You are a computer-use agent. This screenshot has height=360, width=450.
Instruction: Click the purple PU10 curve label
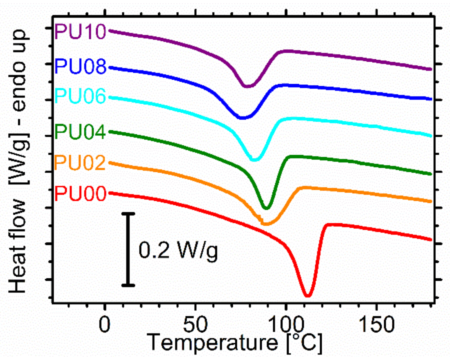point(80,32)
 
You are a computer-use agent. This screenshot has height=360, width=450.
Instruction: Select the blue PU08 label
point(80,66)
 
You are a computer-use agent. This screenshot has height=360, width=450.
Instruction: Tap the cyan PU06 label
point(80,96)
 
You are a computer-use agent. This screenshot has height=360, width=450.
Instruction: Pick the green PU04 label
point(80,132)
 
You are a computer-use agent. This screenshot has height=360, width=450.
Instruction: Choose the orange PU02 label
point(80,163)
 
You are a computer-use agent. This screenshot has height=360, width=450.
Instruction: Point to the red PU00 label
point(80,194)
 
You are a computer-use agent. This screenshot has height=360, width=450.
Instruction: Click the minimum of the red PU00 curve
point(308,295)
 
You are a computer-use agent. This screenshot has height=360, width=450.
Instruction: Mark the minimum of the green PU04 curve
point(267,208)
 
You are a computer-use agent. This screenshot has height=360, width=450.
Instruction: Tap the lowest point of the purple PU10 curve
point(248,86)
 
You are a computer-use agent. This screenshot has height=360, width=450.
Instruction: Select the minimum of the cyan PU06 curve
point(254,160)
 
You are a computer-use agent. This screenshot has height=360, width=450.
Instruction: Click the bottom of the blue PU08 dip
point(242,118)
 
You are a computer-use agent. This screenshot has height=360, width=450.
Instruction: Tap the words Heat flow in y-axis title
point(18,246)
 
